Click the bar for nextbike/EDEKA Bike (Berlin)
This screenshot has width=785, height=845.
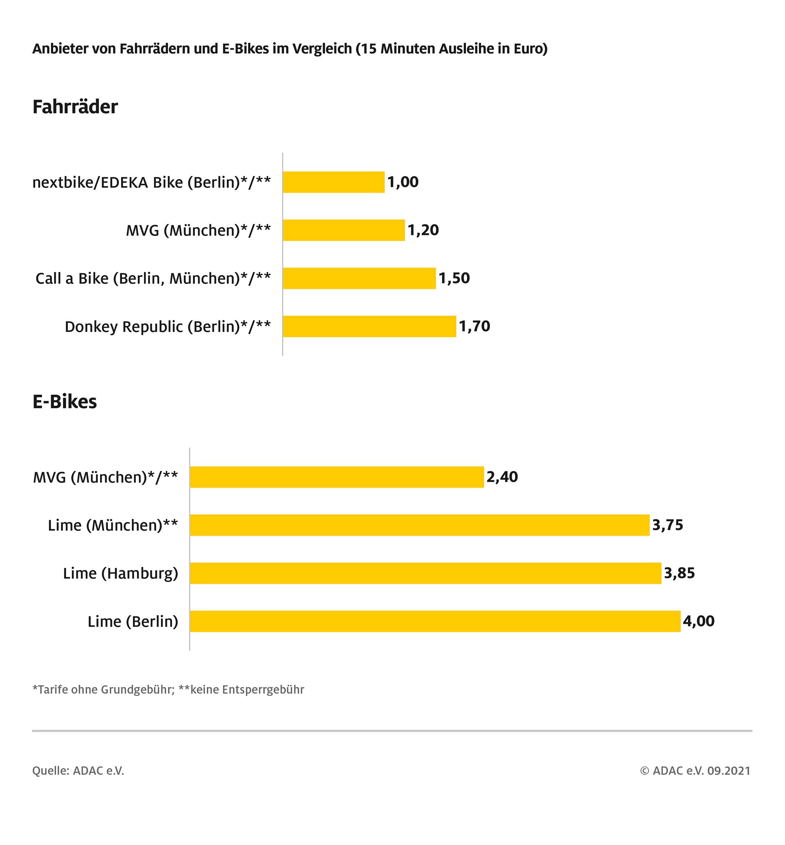pyautogui.click(x=333, y=182)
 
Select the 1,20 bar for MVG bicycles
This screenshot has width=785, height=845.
pyautogui.click(x=344, y=230)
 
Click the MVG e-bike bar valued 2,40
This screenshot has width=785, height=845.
pyautogui.click(x=337, y=477)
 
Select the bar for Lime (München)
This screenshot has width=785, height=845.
pyautogui.click(x=420, y=525)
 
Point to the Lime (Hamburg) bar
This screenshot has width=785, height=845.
pyautogui.click(x=426, y=573)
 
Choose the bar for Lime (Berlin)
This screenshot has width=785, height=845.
pyautogui.click(x=435, y=621)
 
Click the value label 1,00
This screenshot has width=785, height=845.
pyautogui.click(x=403, y=182)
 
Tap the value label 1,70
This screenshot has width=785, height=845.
pyautogui.click(x=474, y=326)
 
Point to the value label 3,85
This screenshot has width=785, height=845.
pyautogui.click(x=679, y=573)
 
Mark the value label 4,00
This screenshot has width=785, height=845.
pyautogui.click(x=699, y=621)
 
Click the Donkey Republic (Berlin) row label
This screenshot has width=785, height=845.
pyautogui.click(x=167, y=327)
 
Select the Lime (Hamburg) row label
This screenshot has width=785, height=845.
pyautogui.click(x=121, y=573)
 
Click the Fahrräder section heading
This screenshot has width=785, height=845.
pyautogui.click(x=75, y=107)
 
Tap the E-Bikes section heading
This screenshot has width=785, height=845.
pyautogui.click(x=65, y=401)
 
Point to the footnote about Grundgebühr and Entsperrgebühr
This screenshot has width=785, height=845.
pyautogui.click(x=168, y=690)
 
